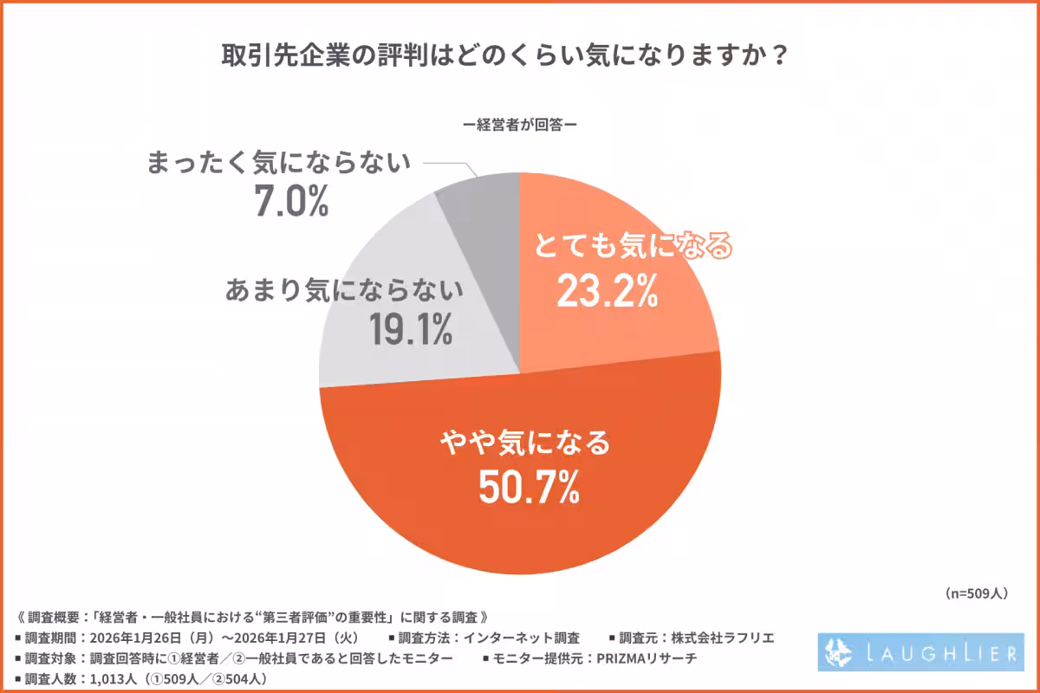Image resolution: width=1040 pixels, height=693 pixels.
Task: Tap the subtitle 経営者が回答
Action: (x=519, y=124)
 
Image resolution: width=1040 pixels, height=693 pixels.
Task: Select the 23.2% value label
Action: (x=606, y=294)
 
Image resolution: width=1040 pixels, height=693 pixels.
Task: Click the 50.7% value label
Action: (x=529, y=489)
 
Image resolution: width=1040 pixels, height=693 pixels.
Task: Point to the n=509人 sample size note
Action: (x=973, y=593)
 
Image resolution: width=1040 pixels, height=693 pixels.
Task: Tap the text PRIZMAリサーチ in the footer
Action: (x=642, y=659)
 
